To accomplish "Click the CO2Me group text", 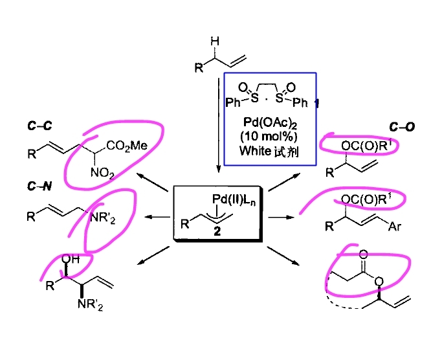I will pos(127,146).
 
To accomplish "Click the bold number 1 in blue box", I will pos(315,102).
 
